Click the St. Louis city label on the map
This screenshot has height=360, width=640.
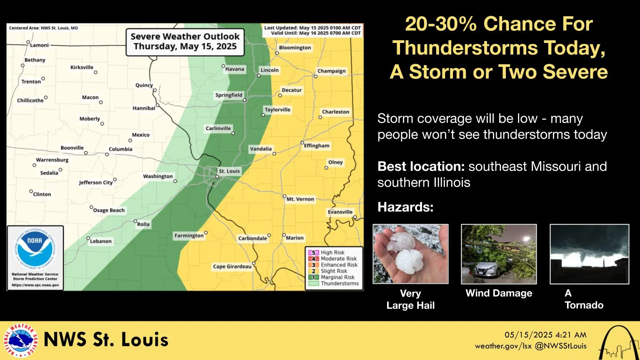[x=229, y=171]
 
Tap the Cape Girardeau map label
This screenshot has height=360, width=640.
[x=232, y=267]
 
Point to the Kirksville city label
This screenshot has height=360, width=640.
[x=82, y=67]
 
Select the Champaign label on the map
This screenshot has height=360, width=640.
[x=331, y=71]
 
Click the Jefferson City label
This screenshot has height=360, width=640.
[x=96, y=182]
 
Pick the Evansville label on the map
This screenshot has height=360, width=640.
[x=340, y=212]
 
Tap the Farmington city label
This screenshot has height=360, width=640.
[x=189, y=236]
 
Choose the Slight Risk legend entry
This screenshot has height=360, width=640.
[x=333, y=271]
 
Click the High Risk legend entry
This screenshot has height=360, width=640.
[x=332, y=252]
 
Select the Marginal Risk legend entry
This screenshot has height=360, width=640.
[x=337, y=277]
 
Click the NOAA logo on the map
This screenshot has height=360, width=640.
[x=35, y=249]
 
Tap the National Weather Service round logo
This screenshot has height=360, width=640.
[x=20, y=340]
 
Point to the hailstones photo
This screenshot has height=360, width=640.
[x=410, y=254]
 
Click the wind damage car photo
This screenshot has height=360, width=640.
[x=499, y=254]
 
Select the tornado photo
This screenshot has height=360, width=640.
[x=589, y=254]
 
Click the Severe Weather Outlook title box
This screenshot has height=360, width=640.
[x=185, y=42]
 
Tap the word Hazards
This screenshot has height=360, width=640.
[x=405, y=207]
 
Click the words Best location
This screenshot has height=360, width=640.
[x=421, y=166]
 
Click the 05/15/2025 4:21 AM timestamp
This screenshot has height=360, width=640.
[x=545, y=335]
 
